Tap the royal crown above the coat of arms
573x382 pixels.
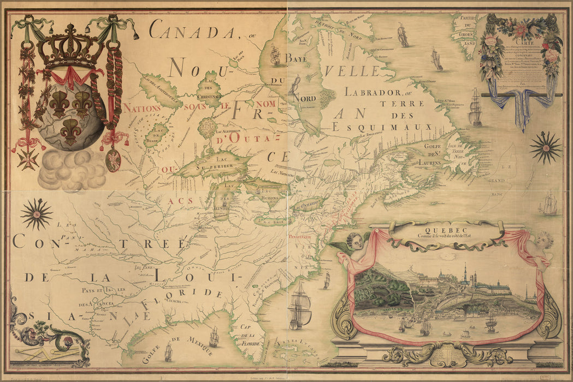pyautogui.click(x=71, y=47)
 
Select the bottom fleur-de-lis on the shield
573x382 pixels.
pyautogui.click(x=70, y=132)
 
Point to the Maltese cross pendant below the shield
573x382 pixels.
pyautogui.click(x=27, y=158)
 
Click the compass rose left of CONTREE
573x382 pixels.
pyautogui.click(x=36, y=213)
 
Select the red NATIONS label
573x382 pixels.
pyautogui.click(x=141, y=108)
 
